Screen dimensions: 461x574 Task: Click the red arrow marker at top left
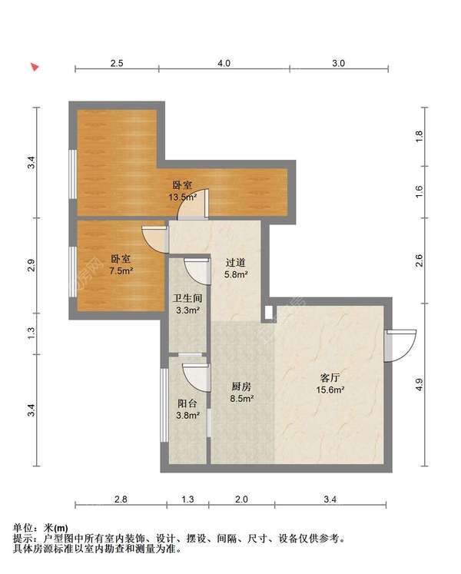[35, 67]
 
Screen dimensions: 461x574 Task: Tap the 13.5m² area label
[182, 197]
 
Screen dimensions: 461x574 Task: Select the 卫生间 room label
[187, 298]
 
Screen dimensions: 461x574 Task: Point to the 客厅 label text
[330, 377]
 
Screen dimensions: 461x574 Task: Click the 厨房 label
[241, 387]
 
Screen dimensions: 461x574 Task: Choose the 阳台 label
[187, 403]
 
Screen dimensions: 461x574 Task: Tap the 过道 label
[235, 263]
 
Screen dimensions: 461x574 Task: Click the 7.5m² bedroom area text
[121, 271]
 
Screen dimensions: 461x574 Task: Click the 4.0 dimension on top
[224, 63]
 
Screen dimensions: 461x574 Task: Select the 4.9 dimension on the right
[420, 384]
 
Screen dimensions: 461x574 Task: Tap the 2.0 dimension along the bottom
[241, 499]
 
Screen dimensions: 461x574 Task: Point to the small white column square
[268, 312]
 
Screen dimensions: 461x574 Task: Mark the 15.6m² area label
[330, 390]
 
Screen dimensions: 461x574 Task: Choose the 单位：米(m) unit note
[40, 527]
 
